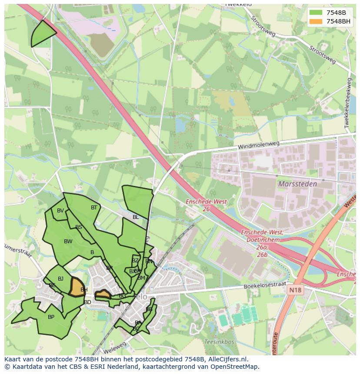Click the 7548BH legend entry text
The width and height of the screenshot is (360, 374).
338,21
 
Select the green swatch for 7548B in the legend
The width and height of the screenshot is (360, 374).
316,13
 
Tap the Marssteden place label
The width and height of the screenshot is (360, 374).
297,184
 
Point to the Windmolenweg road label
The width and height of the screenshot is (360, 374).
258,145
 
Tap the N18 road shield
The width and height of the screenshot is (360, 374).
294,288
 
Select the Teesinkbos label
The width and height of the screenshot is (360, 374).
219,342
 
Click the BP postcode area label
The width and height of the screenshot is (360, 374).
51,317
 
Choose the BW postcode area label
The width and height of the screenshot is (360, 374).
68,242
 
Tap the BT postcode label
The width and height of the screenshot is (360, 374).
94,208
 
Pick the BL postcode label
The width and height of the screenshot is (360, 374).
136,217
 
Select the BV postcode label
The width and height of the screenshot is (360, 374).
60,211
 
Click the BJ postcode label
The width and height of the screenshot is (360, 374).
60,279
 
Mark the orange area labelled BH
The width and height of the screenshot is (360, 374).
77,287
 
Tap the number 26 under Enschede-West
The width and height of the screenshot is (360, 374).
207,209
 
